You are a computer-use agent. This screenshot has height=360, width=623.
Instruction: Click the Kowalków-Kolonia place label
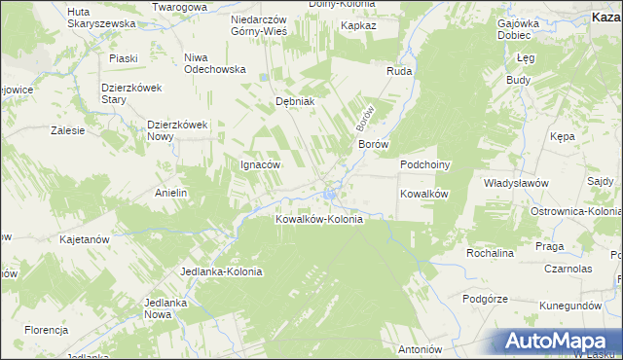[x=319, y=219]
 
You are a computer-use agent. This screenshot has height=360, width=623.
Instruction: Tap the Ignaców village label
[x=260, y=164]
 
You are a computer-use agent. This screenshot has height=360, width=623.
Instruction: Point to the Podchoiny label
[x=424, y=165]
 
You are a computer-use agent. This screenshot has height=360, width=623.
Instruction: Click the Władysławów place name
[x=516, y=183]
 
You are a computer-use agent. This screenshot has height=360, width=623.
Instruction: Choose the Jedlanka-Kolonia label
[x=222, y=271]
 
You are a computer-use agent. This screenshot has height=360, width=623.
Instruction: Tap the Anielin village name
[x=170, y=193]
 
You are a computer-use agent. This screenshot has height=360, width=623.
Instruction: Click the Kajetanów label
[x=83, y=238]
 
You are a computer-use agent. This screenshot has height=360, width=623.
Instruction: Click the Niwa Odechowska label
[x=215, y=63]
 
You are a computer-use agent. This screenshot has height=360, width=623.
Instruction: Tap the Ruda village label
[x=399, y=72]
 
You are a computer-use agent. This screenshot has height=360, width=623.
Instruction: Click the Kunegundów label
[x=569, y=306]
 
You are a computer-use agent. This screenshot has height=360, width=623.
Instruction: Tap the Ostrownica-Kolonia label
[x=575, y=211]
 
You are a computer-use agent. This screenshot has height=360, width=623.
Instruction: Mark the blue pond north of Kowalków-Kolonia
[x=331, y=198]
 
